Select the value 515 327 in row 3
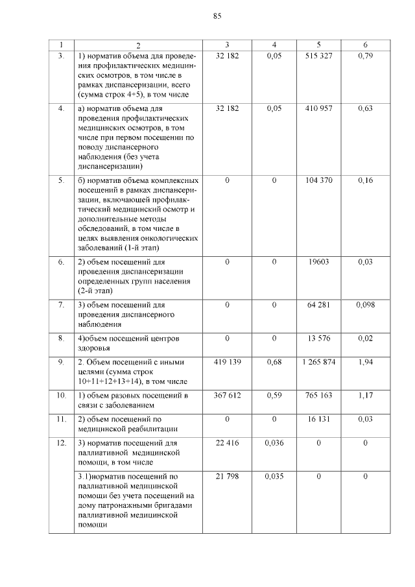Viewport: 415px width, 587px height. pyautogui.click(x=318, y=56)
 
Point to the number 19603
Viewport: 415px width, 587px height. pyautogui.click(x=318, y=262)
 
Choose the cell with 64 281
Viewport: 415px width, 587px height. pyautogui.click(x=318, y=304)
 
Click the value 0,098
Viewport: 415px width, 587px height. pyautogui.click(x=365, y=304)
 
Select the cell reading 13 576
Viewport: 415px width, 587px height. pyautogui.click(x=318, y=339)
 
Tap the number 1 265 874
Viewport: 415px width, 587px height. pyautogui.click(x=318, y=361)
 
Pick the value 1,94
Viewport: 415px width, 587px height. pyautogui.click(x=365, y=361)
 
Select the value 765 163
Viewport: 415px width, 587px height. pyautogui.click(x=318, y=395)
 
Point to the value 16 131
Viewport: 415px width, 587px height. pyautogui.click(x=318, y=419)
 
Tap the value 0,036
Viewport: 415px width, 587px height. pyautogui.click(x=274, y=443)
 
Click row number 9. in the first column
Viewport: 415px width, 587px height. pyautogui.click(x=61, y=361)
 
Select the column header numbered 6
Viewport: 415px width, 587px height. pyautogui.click(x=365, y=45)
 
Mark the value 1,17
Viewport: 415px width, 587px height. pyautogui.click(x=365, y=395)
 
